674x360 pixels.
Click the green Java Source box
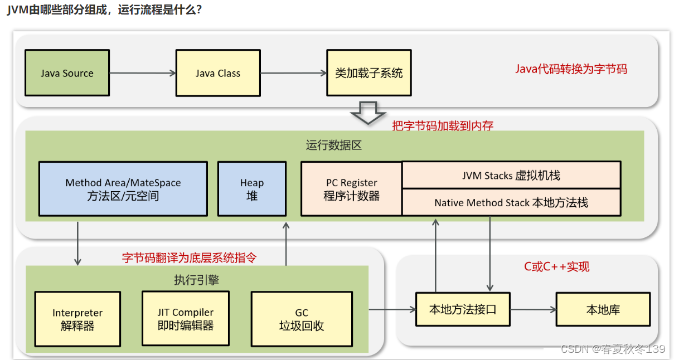click(67, 73)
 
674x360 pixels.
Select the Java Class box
click(218, 73)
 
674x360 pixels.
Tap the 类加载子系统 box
click(368, 73)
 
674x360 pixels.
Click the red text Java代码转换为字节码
click(571, 69)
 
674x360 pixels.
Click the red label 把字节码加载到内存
click(443, 125)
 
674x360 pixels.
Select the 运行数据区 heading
click(333, 145)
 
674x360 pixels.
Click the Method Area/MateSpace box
click(123, 189)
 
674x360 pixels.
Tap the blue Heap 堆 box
click(252, 189)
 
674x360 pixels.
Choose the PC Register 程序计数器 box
click(351, 189)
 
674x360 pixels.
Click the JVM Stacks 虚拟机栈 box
click(511, 176)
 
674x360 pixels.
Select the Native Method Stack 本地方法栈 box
click(511, 202)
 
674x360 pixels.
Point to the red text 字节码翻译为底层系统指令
click(190, 257)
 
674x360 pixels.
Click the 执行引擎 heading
click(196, 280)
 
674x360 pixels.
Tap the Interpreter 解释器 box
click(77, 319)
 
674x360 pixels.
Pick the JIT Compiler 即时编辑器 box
click(186, 318)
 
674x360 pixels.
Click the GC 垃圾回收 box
click(302, 319)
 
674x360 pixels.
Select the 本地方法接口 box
click(463, 309)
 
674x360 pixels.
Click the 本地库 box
click(603, 309)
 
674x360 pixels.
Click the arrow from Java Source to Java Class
click(143, 73)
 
